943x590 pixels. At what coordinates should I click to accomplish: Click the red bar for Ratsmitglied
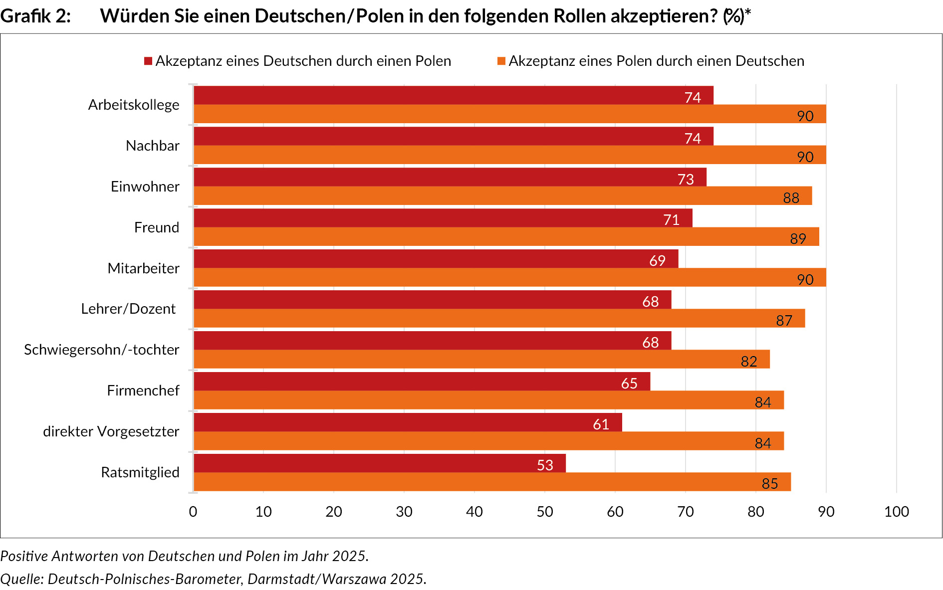click(379, 463)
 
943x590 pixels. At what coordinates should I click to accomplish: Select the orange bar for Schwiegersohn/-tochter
click(481, 360)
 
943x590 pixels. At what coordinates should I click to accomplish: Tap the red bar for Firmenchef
click(422, 382)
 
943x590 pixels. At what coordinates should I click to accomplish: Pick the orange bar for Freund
click(506, 237)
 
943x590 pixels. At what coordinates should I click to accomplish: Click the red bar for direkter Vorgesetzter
click(408, 422)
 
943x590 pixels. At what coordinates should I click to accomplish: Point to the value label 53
click(545, 465)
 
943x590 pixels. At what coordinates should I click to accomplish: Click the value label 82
click(749, 362)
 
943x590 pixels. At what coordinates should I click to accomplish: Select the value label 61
click(601, 424)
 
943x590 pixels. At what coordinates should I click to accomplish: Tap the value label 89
click(798, 239)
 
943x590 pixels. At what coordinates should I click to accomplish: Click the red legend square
click(148, 61)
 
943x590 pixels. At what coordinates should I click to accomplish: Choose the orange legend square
click(501, 61)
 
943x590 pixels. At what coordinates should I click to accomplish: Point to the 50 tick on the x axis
click(545, 512)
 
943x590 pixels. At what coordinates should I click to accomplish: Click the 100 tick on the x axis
click(896, 512)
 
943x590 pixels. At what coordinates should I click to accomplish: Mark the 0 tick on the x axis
click(193, 512)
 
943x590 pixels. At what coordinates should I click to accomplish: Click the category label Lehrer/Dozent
click(128, 309)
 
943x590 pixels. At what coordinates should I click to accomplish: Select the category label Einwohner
click(145, 187)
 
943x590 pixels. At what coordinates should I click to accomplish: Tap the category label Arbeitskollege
click(134, 105)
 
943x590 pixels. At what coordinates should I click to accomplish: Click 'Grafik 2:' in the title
click(35, 16)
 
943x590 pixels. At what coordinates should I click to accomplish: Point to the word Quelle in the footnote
click(21, 579)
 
